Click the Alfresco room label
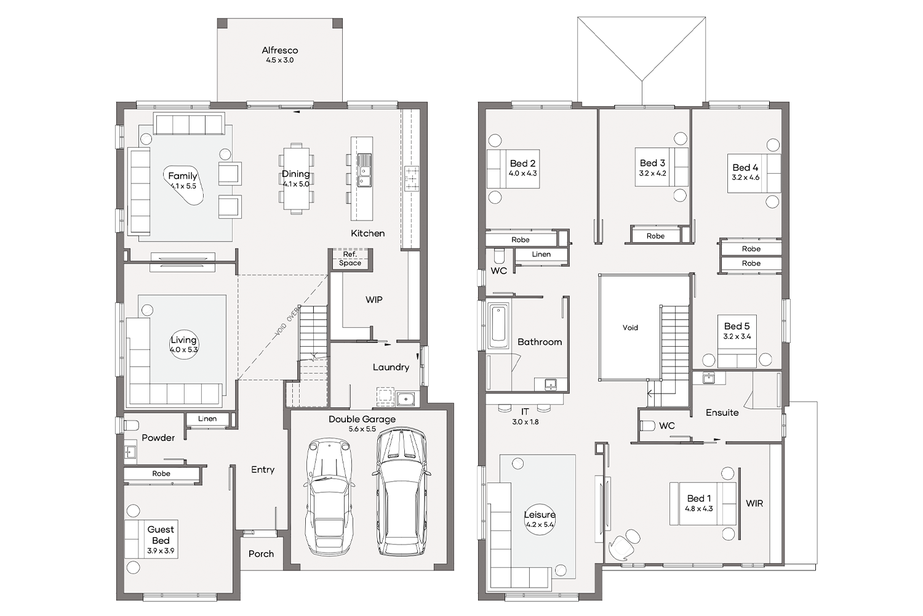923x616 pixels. point(280,51)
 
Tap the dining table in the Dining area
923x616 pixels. point(296,178)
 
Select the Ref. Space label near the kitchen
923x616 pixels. point(350,259)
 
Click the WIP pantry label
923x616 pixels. point(374,299)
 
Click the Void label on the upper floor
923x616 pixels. point(630,328)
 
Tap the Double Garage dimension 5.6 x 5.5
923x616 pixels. point(362,429)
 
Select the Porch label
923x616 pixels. point(262,554)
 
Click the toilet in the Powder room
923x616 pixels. point(132,424)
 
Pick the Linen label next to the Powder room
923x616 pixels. point(207,419)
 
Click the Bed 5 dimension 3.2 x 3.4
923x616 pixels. point(737,336)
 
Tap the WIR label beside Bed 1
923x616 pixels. point(754,503)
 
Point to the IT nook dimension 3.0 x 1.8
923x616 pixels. point(525,422)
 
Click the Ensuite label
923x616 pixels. point(722,412)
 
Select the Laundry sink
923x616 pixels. point(406,399)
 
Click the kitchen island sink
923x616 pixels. point(364,170)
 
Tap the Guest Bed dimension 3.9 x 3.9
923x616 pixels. point(161,551)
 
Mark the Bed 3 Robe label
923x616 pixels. point(655,236)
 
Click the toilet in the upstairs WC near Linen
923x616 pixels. point(498,256)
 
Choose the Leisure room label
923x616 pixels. point(540,514)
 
